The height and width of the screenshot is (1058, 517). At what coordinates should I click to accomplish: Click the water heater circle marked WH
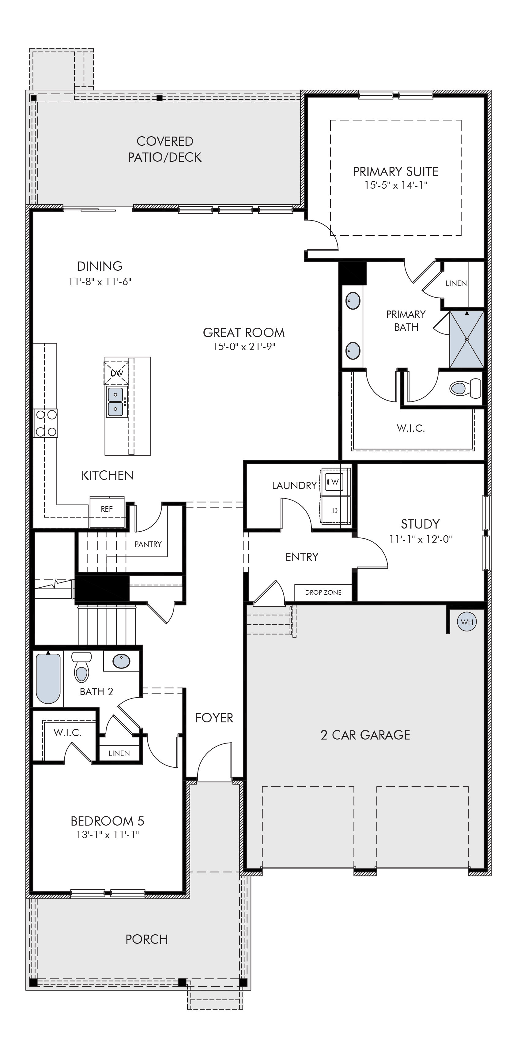(x=467, y=622)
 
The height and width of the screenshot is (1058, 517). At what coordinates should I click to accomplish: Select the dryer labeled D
(x=335, y=510)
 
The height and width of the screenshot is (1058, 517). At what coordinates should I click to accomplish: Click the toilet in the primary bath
(x=465, y=388)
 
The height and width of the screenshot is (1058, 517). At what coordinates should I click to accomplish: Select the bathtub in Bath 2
(x=48, y=678)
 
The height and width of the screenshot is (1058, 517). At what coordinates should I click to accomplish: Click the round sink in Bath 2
(x=122, y=661)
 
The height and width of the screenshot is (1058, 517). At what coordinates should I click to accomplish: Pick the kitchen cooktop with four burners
(x=46, y=423)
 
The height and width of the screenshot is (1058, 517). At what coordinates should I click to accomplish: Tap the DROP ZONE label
(x=323, y=592)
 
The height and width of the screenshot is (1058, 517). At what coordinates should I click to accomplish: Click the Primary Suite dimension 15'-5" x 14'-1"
(x=396, y=185)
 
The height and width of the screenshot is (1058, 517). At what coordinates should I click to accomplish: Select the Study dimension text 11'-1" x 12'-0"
(x=421, y=539)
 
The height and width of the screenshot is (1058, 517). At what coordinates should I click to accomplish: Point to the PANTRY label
(x=148, y=544)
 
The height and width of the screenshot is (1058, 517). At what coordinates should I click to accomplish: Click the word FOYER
(x=214, y=718)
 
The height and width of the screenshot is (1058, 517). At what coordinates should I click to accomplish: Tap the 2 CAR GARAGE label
(x=365, y=735)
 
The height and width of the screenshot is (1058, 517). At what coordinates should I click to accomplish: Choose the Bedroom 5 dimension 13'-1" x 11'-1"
(x=107, y=834)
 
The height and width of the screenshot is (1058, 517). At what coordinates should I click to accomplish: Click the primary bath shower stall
(x=466, y=339)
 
